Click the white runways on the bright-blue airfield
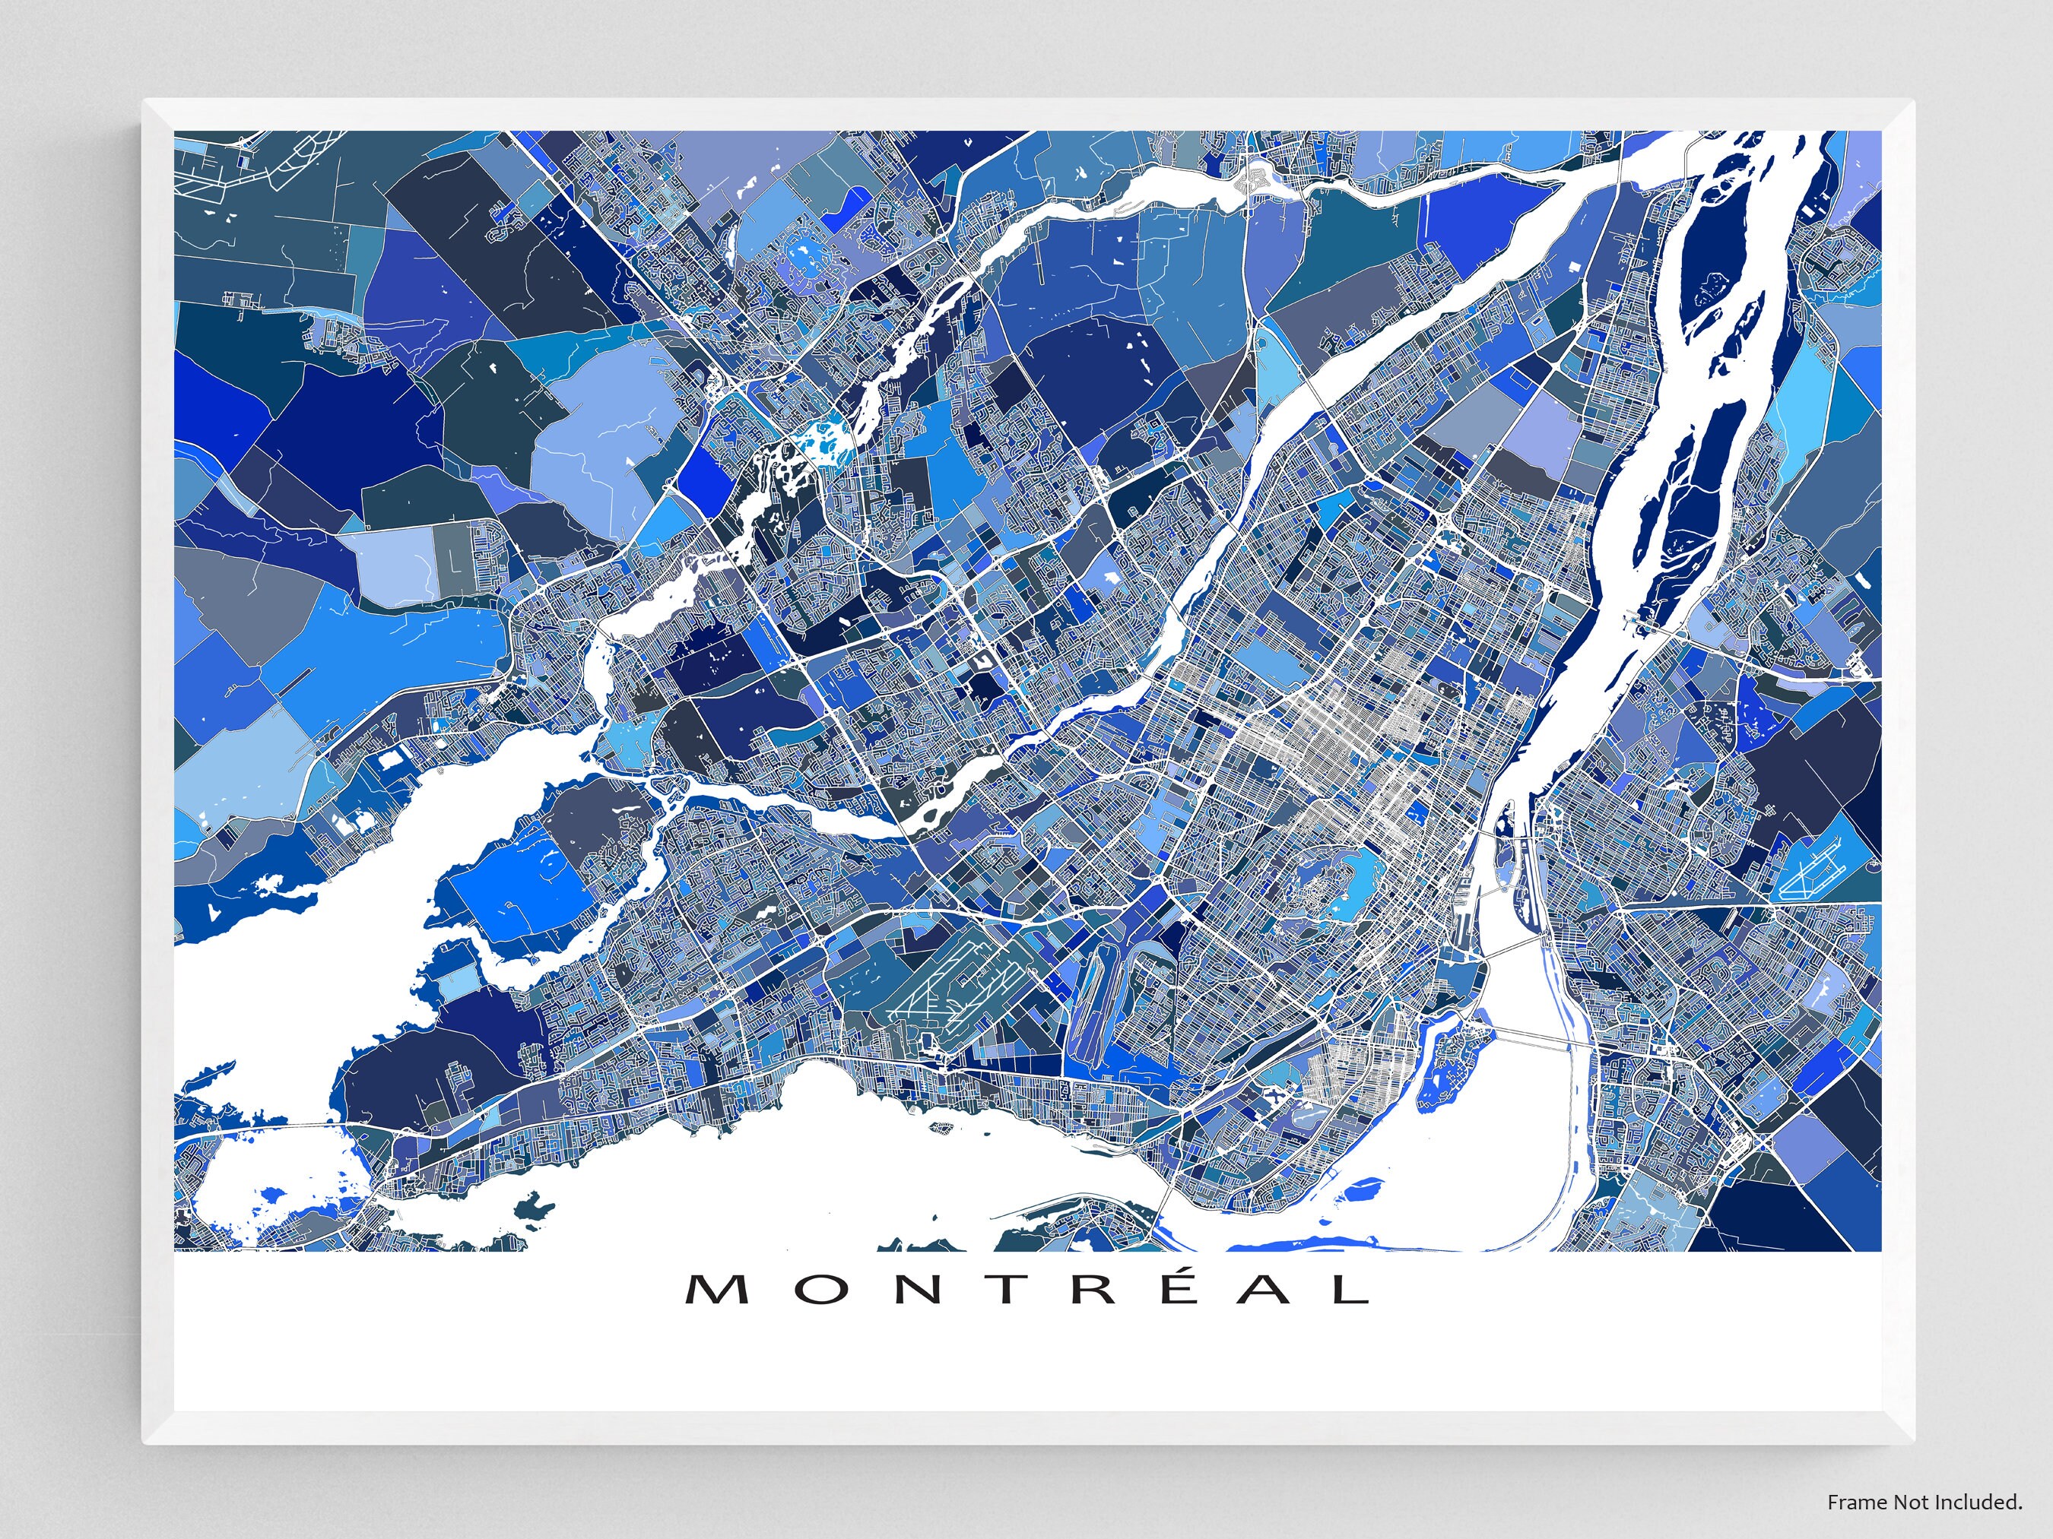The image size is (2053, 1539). coord(1810,876)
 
